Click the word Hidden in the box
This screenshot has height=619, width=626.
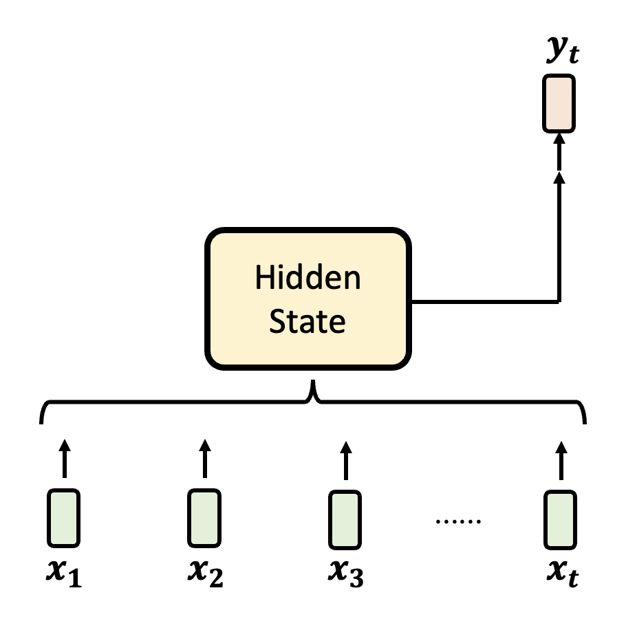pos(307,279)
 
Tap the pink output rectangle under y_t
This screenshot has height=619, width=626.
pos(559,103)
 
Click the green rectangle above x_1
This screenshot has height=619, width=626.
pos(64,517)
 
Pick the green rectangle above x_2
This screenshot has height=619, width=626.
pos(204,517)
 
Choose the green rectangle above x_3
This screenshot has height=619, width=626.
pos(346,517)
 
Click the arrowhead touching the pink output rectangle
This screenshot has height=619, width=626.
pos(559,140)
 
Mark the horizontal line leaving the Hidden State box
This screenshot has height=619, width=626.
pos(482,301)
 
